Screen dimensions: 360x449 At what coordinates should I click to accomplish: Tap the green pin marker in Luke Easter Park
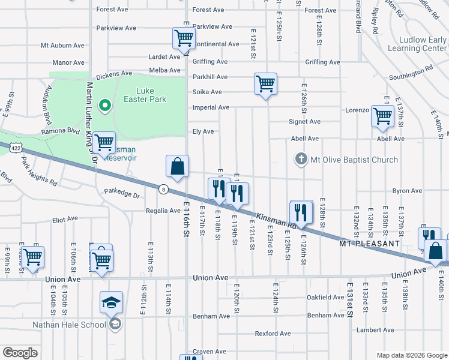coord(105,106)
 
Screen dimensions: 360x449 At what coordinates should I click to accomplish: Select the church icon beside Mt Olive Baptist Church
coord(301,160)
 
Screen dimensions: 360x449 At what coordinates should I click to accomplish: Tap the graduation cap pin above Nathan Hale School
coord(111,304)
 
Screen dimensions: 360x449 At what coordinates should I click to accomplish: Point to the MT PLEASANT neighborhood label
coord(369,244)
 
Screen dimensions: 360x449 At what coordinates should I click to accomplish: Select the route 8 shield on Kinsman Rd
coord(163,188)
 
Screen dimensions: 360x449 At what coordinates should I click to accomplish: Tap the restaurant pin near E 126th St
coord(301,212)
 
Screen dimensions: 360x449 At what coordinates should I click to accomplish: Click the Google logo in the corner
coord(20,353)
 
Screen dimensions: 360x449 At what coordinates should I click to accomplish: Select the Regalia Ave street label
coord(163,211)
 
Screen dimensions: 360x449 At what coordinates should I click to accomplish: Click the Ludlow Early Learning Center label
coord(417,44)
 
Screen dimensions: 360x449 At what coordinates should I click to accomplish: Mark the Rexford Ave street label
coord(273,333)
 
